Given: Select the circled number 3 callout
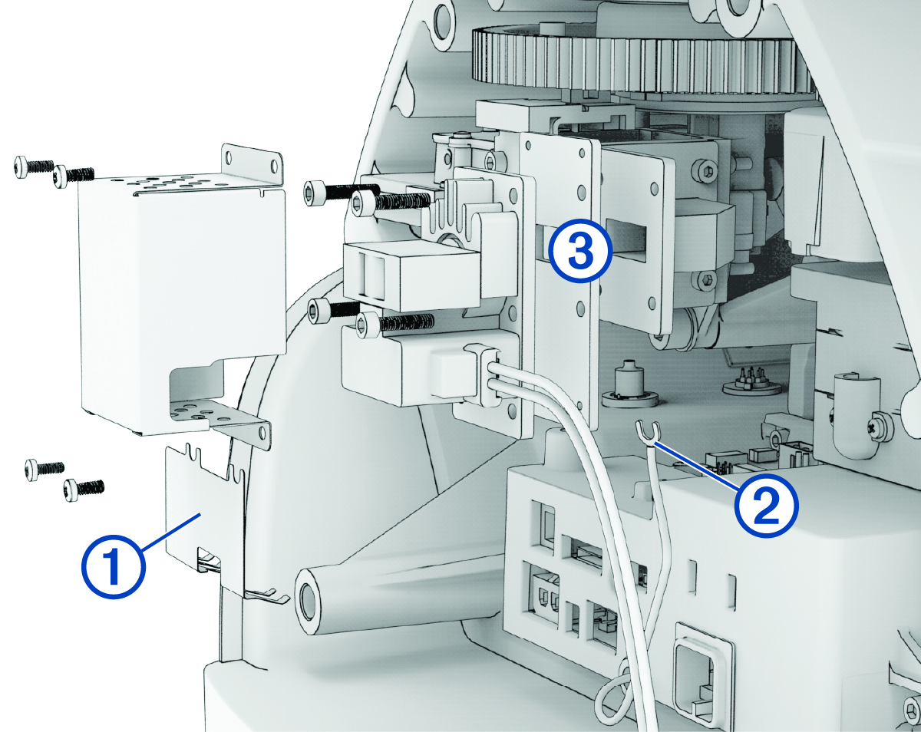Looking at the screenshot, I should [580, 252].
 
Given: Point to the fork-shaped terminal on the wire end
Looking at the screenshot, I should [646, 434].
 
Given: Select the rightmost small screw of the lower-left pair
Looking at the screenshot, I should [83, 487].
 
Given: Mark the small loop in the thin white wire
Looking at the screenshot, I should [614, 691].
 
